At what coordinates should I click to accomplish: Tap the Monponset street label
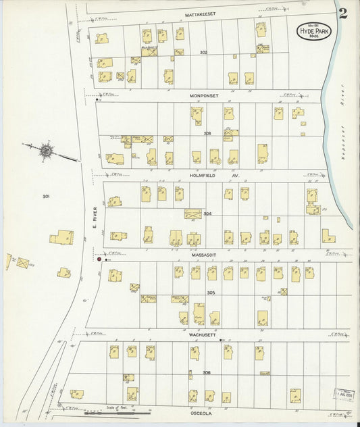click(x=203, y=97)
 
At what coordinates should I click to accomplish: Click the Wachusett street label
click(x=202, y=334)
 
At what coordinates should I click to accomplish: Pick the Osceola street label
click(x=202, y=414)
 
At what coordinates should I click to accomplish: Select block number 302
click(x=203, y=52)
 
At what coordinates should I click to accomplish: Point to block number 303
click(x=207, y=133)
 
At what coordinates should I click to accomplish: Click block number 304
click(x=207, y=214)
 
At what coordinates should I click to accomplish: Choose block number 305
click(x=211, y=293)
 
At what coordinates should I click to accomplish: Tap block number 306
click(x=207, y=372)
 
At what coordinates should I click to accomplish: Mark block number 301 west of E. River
click(x=46, y=197)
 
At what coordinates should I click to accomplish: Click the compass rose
click(x=46, y=150)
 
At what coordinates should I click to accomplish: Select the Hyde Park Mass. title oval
click(x=313, y=30)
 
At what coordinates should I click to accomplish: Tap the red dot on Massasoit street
click(x=99, y=258)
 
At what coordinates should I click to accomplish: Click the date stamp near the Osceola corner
click(x=342, y=394)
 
